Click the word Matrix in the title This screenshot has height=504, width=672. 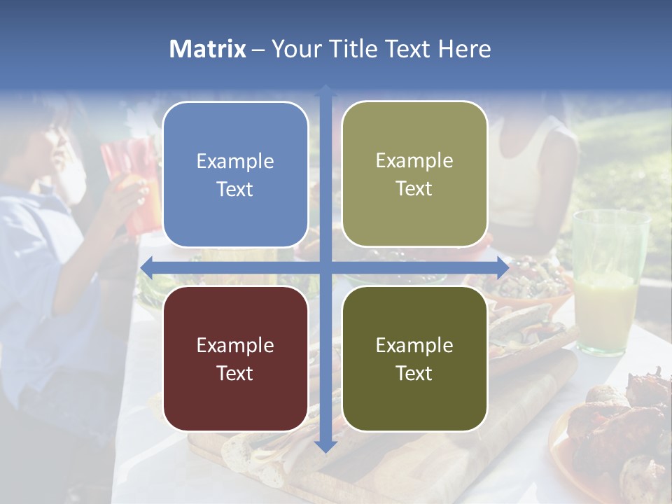click(x=207, y=49)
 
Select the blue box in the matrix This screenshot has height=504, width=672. click(x=235, y=175)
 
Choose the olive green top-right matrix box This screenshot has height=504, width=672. click(x=414, y=174)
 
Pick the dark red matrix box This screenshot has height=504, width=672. click(x=235, y=358)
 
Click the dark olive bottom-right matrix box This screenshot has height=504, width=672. click(x=414, y=358)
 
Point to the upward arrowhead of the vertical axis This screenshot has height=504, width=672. click(x=325, y=92)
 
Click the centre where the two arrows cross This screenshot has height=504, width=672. click(x=325, y=267)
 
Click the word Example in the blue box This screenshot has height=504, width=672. click(x=235, y=162)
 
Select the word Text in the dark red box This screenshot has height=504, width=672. click(x=235, y=373)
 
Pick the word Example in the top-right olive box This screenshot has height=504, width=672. click(x=414, y=161)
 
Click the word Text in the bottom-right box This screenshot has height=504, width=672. click(x=414, y=373)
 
